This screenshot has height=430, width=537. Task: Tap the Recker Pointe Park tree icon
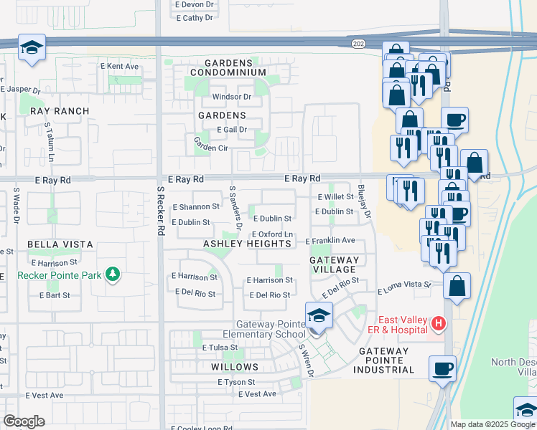112,274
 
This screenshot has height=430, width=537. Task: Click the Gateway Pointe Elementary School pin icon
318,315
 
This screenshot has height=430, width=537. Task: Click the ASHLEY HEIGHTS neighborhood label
247,244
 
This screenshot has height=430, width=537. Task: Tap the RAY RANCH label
60,111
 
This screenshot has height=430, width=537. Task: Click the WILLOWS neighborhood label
235,367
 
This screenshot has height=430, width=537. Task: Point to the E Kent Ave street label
119,66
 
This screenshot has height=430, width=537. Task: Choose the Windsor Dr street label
231,97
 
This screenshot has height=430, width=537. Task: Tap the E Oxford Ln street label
272,234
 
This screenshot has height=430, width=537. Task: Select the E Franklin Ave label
330,241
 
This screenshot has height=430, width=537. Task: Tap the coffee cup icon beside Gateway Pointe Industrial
442,368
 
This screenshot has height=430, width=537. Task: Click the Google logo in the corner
24,421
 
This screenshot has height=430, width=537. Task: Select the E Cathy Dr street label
195,18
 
